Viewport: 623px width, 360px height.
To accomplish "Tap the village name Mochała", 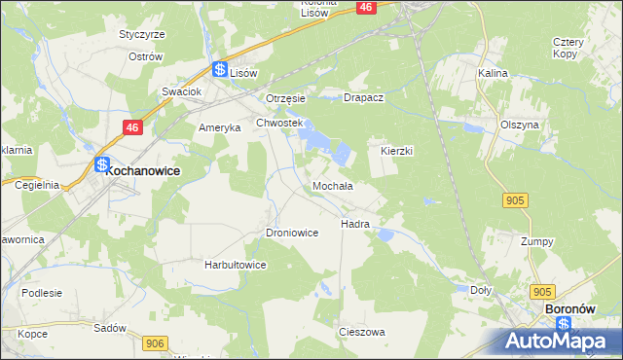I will coord(332,185).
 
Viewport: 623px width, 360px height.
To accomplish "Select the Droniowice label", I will coord(292,234).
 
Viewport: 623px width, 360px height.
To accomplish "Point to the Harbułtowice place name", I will coord(235,265).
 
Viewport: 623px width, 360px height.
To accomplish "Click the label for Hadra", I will coord(354,224).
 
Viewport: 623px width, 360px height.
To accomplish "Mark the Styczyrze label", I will coord(142,34).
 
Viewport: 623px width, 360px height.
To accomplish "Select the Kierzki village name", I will coord(397,152).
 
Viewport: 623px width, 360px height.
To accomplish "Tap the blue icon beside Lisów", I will coord(220,70).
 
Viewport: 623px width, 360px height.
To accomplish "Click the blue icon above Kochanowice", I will coord(101,165).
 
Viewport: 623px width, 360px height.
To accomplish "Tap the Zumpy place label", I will coord(536,241).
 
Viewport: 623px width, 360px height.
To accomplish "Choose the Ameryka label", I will coord(219,128).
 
